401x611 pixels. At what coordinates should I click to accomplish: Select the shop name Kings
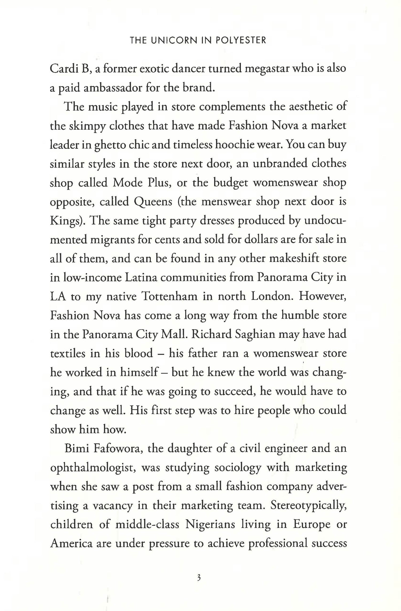point(66,221)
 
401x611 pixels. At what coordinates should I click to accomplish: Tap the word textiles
point(68,353)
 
